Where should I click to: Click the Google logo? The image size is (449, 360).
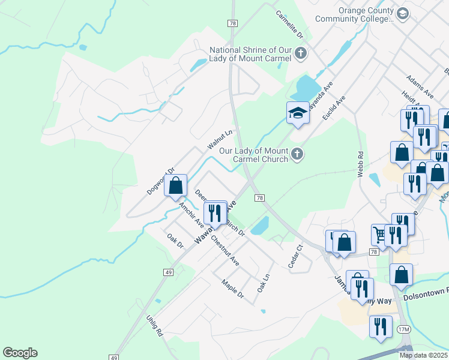pyautogui.click(x=20, y=353)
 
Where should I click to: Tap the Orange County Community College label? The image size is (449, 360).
pyautogui.click(x=364, y=14)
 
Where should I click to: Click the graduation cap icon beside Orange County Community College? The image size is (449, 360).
pyautogui.click(x=403, y=14)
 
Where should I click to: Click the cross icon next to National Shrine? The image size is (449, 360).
pyautogui.click(x=301, y=55)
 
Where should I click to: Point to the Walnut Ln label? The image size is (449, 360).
pyautogui.click(x=220, y=140)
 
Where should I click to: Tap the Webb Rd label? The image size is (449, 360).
pyautogui.click(x=361, y=163)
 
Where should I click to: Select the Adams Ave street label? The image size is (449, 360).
pyautogui.click(x=420, y=86)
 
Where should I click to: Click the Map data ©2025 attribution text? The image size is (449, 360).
pyautogui.click(x=424, y=355)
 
